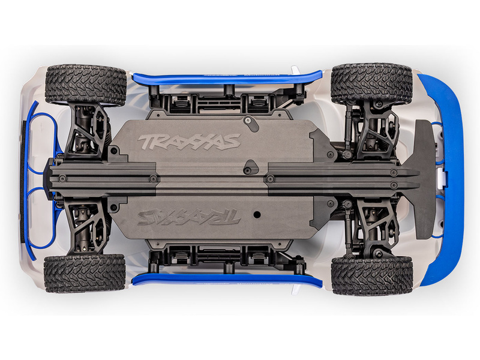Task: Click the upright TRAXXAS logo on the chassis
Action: [x=189, y=142]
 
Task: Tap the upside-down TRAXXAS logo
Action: [x=188, y=217]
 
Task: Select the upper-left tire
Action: [x=86, y=85]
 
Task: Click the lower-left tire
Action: [x=85, y=274]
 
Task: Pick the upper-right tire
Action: [x=372, y=83]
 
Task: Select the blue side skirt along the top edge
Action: [x=227, y=79]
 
